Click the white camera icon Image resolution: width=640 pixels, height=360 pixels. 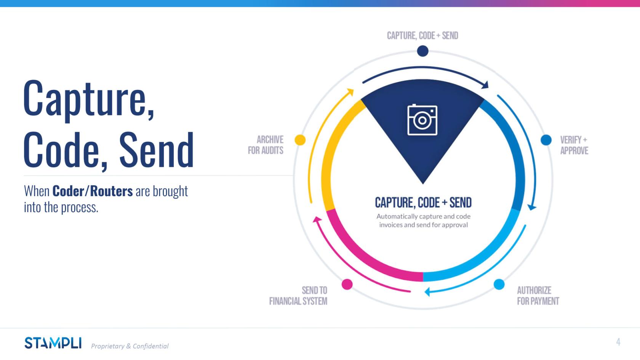click(x=422, y=120)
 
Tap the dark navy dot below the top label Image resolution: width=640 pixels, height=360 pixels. click(x=422, y=51)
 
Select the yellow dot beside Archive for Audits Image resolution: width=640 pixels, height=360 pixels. click(x=300, y=140)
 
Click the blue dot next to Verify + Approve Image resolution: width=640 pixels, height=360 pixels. click(x=546, y=140)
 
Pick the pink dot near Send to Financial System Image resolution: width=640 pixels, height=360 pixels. click(x=347, y=284)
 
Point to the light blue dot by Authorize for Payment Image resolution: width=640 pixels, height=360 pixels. click(x=499, y=284)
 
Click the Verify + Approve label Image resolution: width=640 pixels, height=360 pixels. click(x=574, y=145)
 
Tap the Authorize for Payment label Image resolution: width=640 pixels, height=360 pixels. click(x=538, y=296)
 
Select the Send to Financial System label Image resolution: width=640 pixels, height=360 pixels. click(x=298, y=296)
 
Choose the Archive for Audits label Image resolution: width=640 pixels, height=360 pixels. click(x=266, y=145)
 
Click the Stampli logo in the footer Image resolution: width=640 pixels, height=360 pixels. click(x=53, y=343)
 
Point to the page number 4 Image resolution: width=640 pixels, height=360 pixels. click(x=618, y=342)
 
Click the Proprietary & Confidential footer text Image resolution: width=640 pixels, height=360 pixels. click(x=130, y=346)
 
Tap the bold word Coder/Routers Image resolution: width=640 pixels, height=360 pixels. click(x=93, y=191)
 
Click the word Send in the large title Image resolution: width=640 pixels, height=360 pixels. click(x=157, y=150)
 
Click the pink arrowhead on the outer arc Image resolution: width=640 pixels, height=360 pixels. click(x=317, y=219)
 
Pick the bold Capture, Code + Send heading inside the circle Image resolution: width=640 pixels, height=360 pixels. click(x=423, y=203)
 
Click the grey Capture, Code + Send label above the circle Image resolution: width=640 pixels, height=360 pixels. click(x=422, y=36)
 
